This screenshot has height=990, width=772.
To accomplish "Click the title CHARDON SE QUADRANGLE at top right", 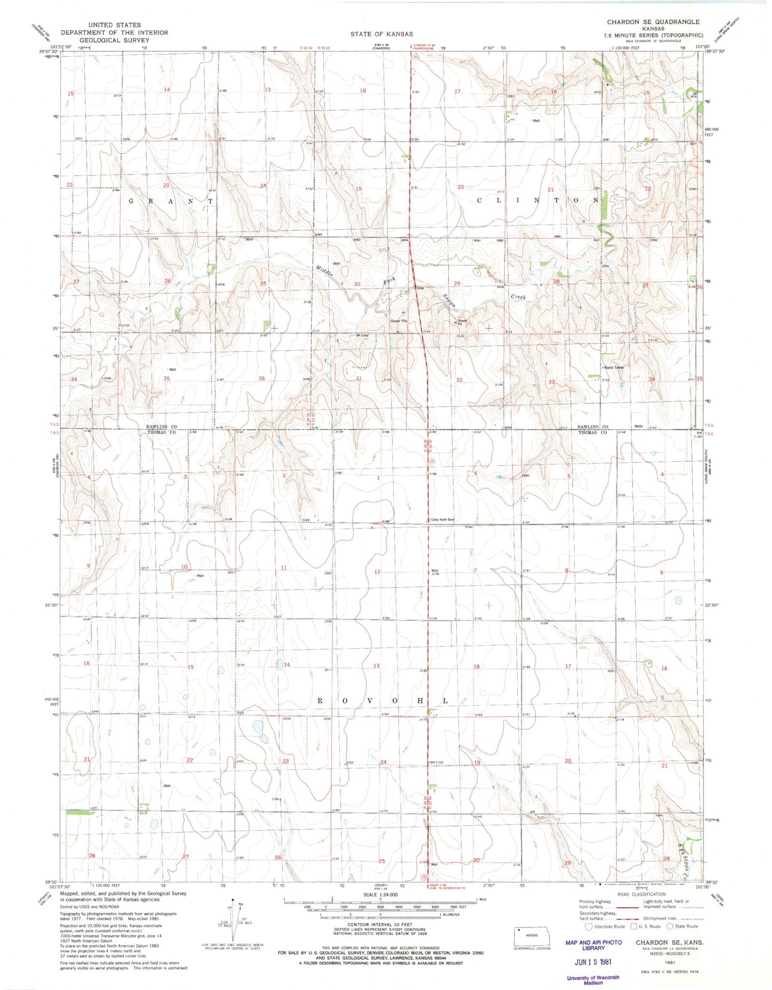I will point(652,22).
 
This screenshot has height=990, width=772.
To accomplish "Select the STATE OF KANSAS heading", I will point(381,34).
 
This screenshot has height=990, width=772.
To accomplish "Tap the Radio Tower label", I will point(614,368).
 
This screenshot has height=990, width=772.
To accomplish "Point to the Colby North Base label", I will point(442,520).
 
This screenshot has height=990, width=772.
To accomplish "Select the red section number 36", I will point(262,378).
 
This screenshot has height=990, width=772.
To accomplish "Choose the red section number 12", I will point(377,572).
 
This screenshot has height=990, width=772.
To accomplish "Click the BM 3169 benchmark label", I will point(435,763).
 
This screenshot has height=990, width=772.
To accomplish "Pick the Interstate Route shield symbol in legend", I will point(588,926).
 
